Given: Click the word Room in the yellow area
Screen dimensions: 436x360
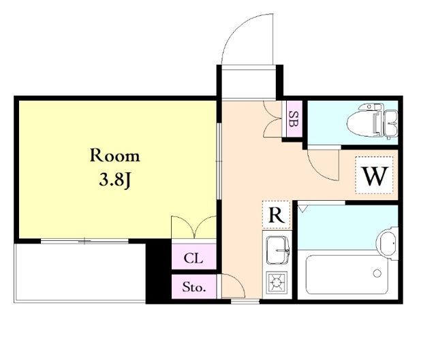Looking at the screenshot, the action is click(x=114, y=156).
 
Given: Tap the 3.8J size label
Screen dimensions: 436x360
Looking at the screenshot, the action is click(x=114, y=180).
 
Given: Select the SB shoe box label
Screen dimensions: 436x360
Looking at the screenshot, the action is click(x=292, y=119).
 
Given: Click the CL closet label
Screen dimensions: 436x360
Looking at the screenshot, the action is click(x=193, y=259).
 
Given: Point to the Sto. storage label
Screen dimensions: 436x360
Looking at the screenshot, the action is click(x=193, y=287).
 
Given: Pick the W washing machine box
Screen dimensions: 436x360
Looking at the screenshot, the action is click(x=374, y=175).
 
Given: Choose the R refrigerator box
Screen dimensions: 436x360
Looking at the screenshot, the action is click(x=277, y=214).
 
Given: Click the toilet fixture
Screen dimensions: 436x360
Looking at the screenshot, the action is click(x=373, y=121).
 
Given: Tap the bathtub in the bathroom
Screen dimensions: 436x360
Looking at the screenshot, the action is click(x=347, y=274).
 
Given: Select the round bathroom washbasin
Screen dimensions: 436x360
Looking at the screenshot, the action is click(x=388, y=243).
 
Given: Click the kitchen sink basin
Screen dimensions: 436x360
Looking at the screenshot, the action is click(x=277, y=250).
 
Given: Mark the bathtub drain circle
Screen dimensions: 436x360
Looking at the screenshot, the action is click(x=377, y=274).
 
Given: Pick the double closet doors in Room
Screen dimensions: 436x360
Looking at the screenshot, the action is click(x=193, y=227).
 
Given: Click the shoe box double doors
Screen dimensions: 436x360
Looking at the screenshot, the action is click(x=272, y=119).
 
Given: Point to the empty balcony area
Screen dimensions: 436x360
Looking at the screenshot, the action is click(x=80, y=272).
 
